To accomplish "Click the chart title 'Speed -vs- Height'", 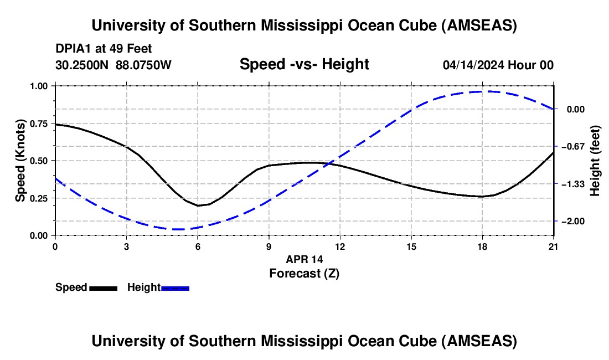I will (304, 64).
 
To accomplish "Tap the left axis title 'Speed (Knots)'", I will (20, 161).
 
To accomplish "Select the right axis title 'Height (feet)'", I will (595, 161).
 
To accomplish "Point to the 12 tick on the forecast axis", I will (340, 246).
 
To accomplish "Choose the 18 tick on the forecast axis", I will (482, 246).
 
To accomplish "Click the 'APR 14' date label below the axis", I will (304, 259).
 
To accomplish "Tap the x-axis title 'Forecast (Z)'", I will (304, 273).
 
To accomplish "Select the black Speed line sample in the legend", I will (103, 287).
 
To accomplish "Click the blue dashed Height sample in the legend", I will (175, 287).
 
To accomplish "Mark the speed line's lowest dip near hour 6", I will (198, 205).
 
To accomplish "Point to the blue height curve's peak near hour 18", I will (482, 91).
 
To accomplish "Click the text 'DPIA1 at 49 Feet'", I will (104, 49).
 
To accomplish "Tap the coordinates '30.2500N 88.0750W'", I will (113, 65).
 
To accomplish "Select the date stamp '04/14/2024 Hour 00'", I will (498, 65).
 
